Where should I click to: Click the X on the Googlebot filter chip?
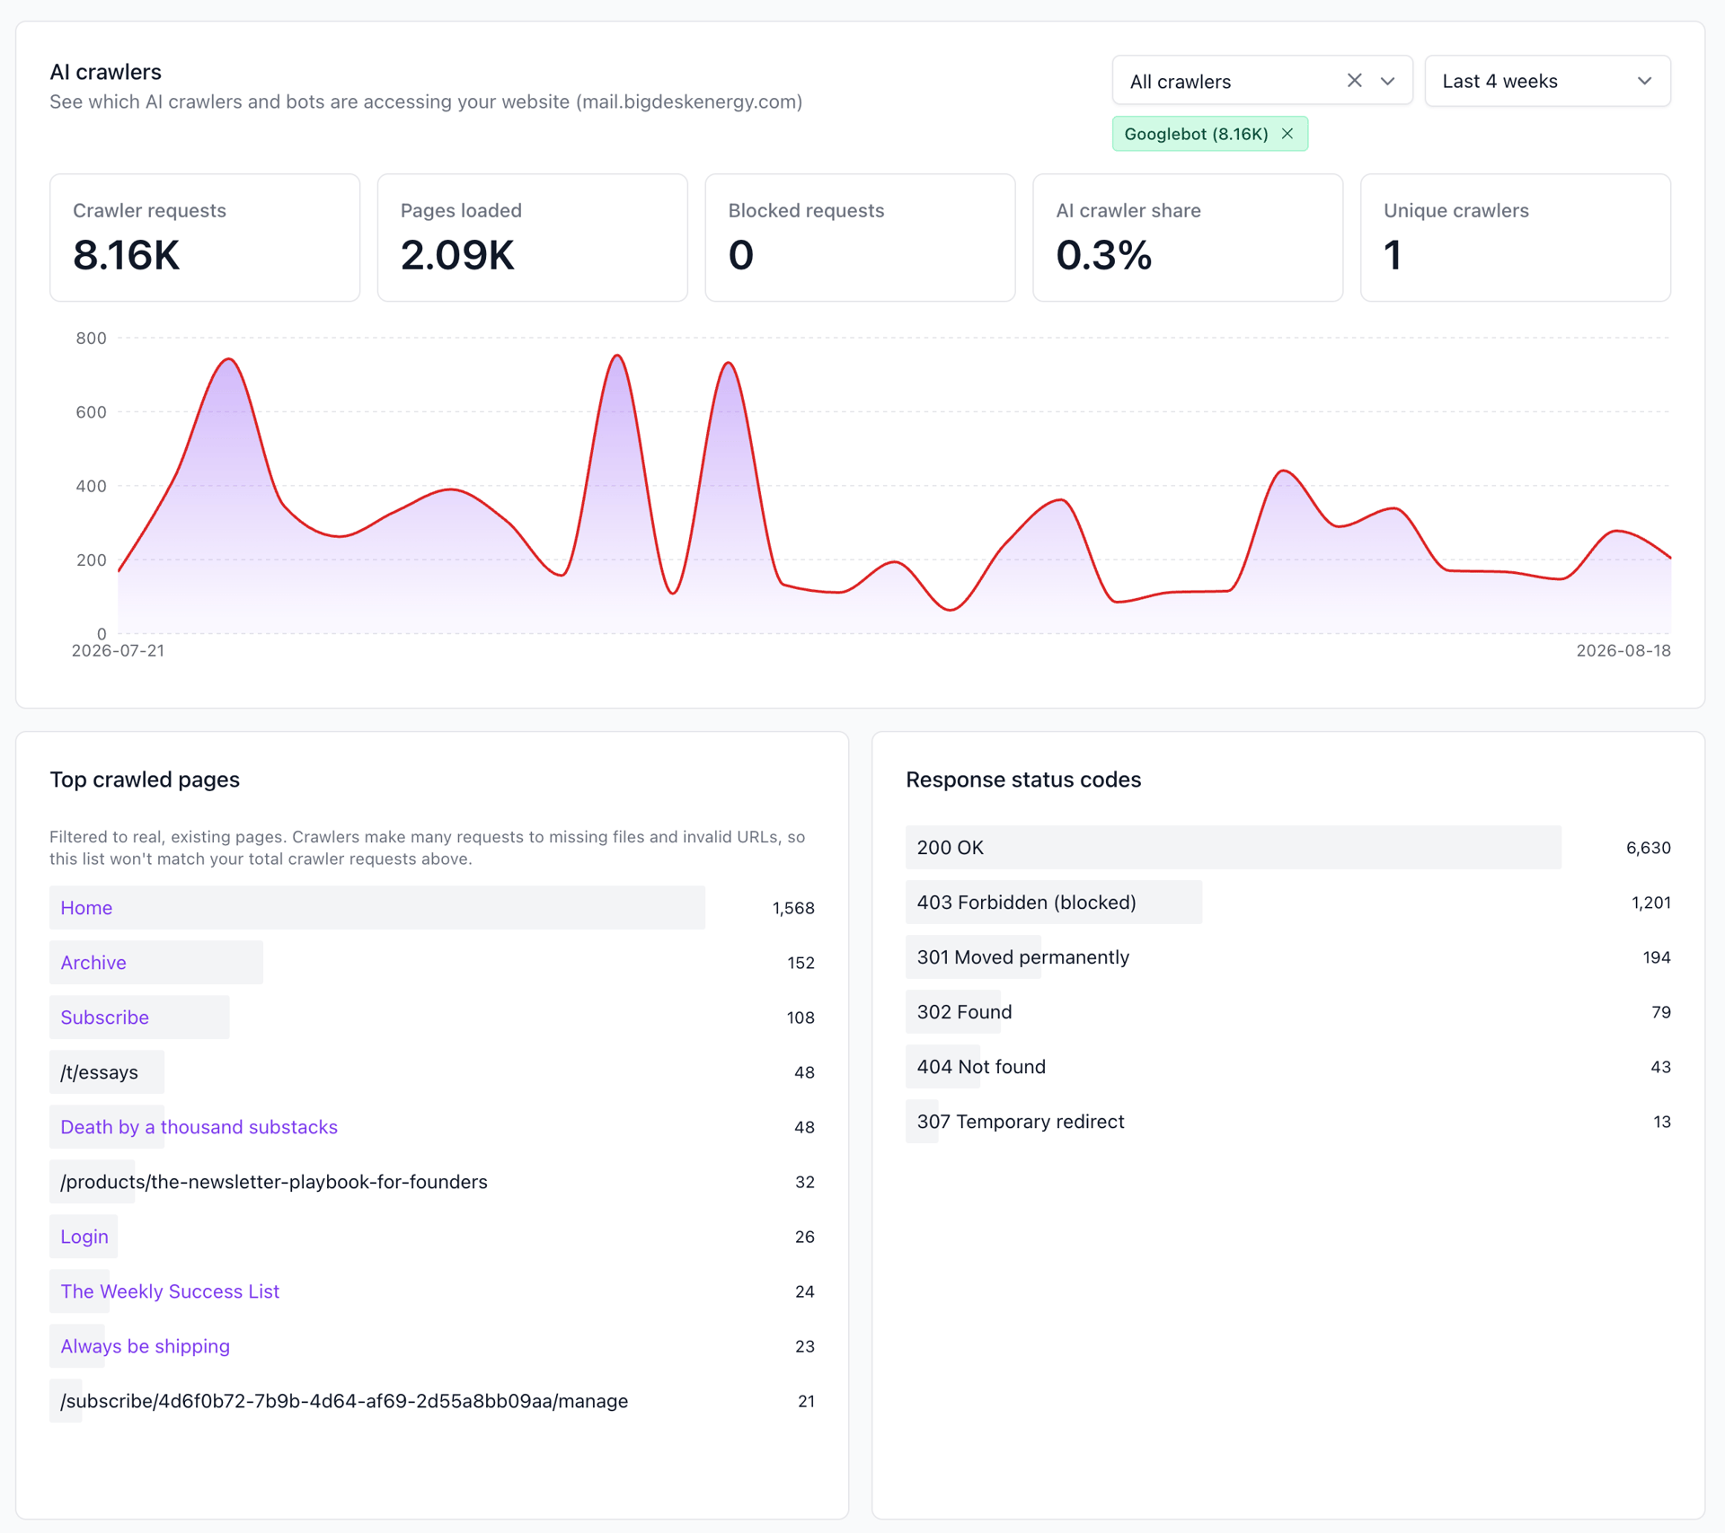[x=1287, y=134]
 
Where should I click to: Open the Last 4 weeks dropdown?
[x=1547, y=81]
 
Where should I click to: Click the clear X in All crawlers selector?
[x=1354, y=81]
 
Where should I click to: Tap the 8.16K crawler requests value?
[x=127, y=255]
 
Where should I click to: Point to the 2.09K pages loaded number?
[x=457, y=255]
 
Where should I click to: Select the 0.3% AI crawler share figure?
[x=1103, y=255]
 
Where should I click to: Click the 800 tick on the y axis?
[x=91, y=339]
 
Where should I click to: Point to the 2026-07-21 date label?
[x=118, y=651]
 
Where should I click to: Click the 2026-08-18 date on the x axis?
[x=1623, y=651]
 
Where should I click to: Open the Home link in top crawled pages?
[x=86, y=908]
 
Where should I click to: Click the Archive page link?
[x=93, y=963]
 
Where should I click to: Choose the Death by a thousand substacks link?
[x=199, y=1127]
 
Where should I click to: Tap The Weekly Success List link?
[x=170, y=1291]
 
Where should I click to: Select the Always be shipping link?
[x=145, y=1346]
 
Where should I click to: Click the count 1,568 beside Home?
[x=793, y=908]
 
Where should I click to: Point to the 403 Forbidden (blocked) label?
[x=1026, y=903]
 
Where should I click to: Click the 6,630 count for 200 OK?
[x=1648, y=848]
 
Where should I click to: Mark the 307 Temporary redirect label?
[x=1020, y=1122]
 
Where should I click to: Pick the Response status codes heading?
[x=1023, y=780]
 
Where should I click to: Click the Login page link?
[x=84, y=1237]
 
